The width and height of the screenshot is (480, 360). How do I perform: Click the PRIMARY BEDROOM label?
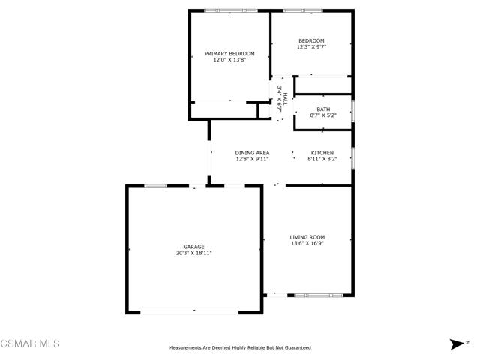tap(229, 54)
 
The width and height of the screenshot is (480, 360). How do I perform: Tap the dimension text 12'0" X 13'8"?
tap(229, 60)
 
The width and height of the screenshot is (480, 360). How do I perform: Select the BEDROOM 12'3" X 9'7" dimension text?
tap(312, 47)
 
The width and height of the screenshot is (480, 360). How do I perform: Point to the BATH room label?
tap(323, 109)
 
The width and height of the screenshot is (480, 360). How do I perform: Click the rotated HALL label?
tap(285, 99)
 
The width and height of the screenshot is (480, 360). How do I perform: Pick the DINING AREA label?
tap(252, 153)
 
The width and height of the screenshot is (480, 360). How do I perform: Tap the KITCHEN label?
tap(322, 153)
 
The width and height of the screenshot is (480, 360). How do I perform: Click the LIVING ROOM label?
tap(307, 237)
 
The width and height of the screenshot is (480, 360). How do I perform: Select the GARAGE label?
tap(193, 247)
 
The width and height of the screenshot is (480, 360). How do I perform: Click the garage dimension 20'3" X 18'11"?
tap(193, 253)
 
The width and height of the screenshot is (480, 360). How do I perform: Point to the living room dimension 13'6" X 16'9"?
tap(307, 244)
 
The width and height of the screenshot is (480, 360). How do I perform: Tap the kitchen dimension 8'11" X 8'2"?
tap(322, 159)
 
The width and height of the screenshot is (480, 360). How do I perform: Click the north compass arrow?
tap(457, 344)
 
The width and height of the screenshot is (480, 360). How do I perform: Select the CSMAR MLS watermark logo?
tap(30, 343)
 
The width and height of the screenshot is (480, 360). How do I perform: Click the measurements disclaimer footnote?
tap(240, 348)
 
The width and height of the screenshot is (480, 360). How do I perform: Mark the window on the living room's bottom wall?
tap(319, 295)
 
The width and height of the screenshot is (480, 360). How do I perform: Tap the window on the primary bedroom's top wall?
tap(231, 10)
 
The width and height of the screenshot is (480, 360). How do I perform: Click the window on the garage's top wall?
tap(156, 186)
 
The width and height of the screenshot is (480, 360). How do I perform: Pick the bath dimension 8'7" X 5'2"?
tap(323, 115)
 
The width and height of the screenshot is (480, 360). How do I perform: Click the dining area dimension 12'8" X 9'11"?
tap(252, 159)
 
